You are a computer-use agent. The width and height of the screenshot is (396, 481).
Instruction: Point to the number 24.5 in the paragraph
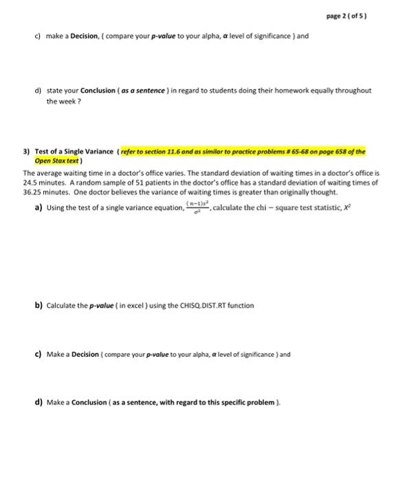32,176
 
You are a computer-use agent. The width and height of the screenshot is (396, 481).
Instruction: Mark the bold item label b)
38,305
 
